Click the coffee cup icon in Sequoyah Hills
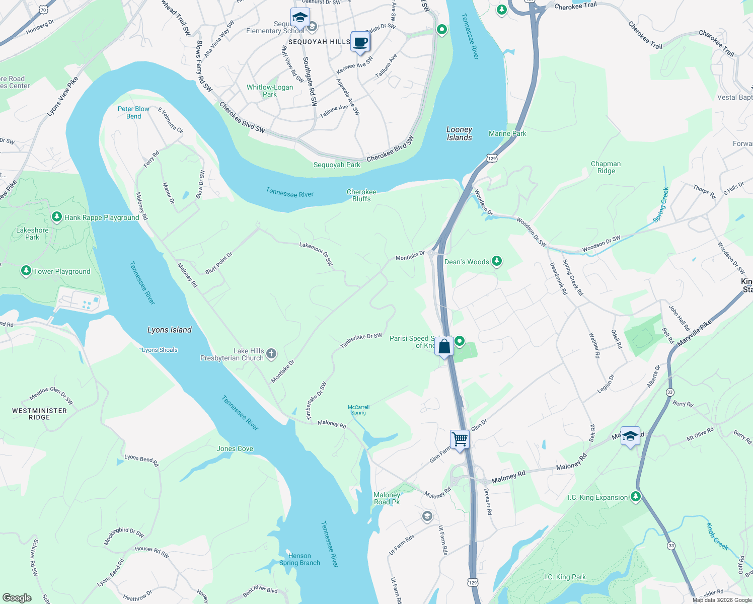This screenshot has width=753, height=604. pos(360,42)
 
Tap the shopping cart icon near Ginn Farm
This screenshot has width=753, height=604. pos(460,439)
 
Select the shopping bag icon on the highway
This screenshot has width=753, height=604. pos(444,346)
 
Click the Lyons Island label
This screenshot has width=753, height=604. pos(170,330)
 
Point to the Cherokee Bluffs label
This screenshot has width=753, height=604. pos(361,195)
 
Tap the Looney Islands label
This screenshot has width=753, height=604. pos(460,133)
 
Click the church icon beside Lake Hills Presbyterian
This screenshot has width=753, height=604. pos(271,353)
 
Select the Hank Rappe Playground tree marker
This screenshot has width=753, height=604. pos(57,217)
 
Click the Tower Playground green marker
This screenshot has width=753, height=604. pos(26,271)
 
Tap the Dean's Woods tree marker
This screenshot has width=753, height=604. pos(497,261)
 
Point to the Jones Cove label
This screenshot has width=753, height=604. pos(235,448)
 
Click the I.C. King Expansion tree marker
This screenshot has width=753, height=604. pos(636,497)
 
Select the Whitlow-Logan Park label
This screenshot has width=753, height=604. pos(270,91)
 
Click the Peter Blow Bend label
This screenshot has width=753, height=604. pos(133,112)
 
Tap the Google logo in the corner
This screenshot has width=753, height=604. pos(17,597)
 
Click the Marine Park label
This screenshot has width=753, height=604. pos(507,133)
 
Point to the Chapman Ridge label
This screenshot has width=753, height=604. pos(606,167)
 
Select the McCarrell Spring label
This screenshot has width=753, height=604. pos(358,410)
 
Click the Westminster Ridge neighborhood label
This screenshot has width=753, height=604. pos(39,414)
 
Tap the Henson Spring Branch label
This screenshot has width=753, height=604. pos(299,559)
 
